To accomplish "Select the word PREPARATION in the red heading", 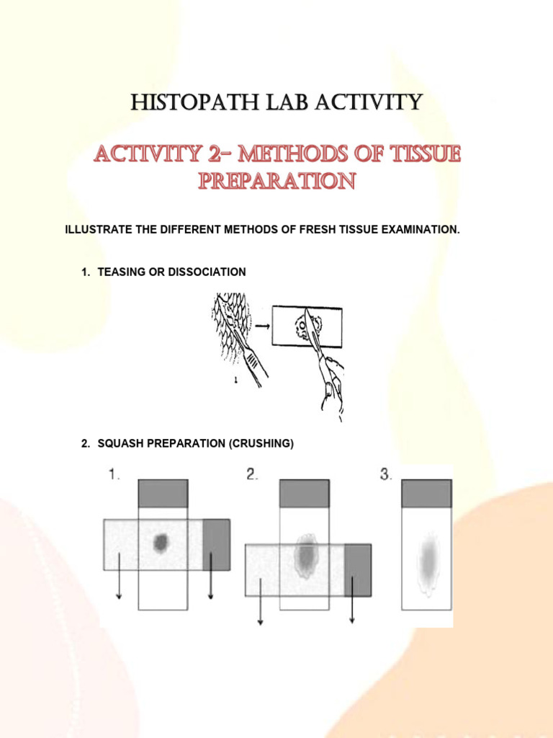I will point(276,180).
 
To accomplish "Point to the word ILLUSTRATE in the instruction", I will point(99,230).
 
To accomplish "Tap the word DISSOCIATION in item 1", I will point(208,272).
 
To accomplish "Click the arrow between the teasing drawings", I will point(262,326).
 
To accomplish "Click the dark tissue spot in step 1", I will point(161,543).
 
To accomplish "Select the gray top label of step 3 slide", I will point(426,494).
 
